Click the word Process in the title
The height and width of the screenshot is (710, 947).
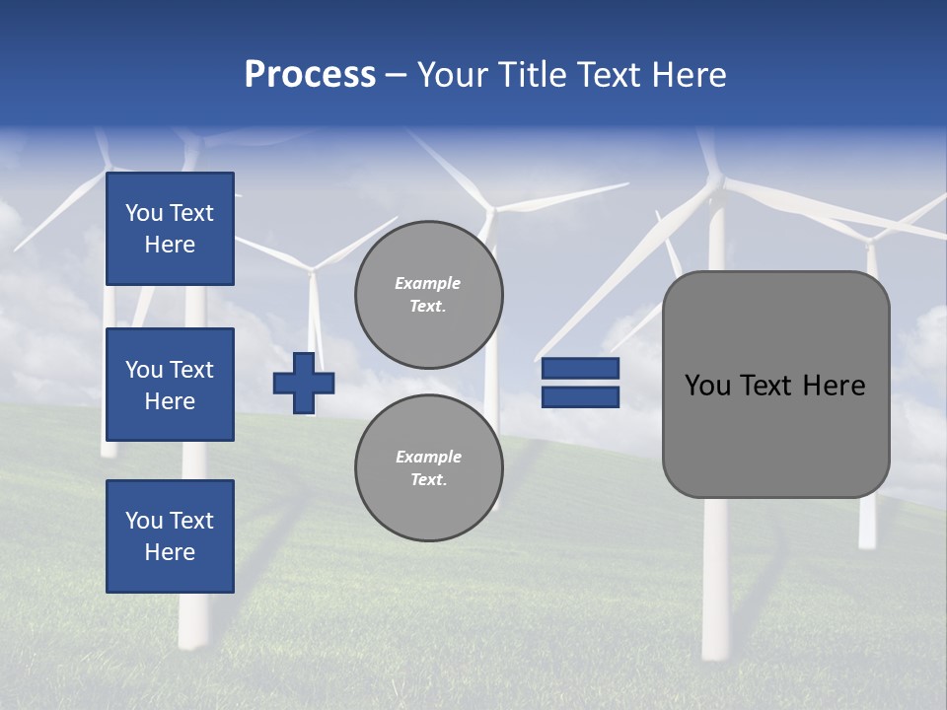(x=310, y=75)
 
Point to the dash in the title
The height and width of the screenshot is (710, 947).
(x=397, y=76)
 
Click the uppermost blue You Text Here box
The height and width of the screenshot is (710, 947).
(x=170, y=229)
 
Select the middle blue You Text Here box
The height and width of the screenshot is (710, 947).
(x=170, y=385)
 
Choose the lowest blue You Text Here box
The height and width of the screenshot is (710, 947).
(x=170, y=536)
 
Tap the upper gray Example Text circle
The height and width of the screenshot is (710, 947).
(x=428, y=295)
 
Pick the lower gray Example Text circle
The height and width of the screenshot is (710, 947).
(x=428, y=468)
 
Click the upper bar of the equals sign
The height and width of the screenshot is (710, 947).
(x=581, y=369)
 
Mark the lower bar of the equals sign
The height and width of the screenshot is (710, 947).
(x=581, y=396)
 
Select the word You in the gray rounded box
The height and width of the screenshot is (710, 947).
(x=707, y=386)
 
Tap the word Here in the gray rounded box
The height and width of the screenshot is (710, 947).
(x=835, y=386)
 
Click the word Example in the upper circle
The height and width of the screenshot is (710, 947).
(x=428, y=283)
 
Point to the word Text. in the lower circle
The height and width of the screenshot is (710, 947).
(x=428, y=480)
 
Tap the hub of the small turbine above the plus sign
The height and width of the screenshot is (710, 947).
(x=313, y=268)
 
